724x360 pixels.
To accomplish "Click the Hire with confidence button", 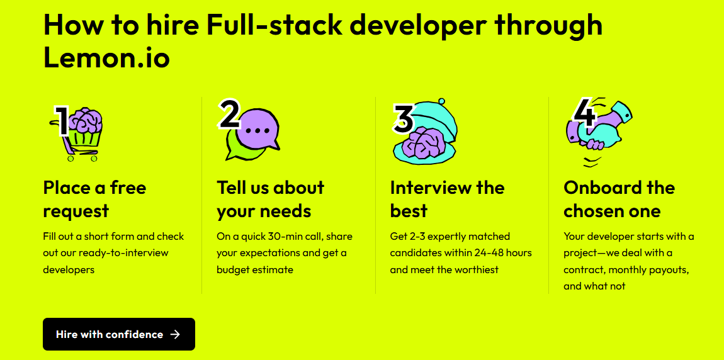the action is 118,334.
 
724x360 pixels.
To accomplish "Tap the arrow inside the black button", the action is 175,335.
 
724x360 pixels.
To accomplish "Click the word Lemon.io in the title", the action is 106,59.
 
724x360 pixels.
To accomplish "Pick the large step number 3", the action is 404,118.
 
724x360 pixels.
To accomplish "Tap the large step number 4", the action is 584,113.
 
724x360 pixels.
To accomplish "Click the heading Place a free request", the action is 94,200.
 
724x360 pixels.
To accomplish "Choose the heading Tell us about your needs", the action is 271,200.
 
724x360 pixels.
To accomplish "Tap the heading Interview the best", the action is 447,200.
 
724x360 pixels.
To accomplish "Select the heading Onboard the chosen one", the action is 619,200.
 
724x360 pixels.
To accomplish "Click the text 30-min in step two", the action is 285,237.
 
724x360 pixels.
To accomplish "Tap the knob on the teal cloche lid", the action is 441,101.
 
